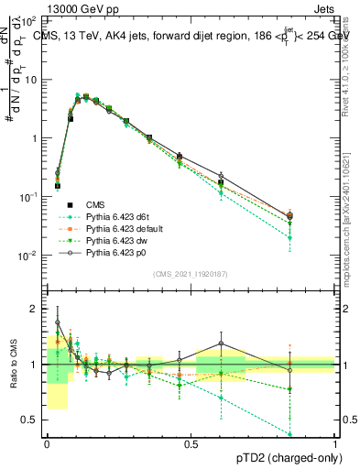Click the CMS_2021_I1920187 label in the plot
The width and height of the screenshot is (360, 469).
click(191, 273)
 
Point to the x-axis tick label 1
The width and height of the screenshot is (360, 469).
click(335, 443)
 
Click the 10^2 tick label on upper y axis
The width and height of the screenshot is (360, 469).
click(29, 20)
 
